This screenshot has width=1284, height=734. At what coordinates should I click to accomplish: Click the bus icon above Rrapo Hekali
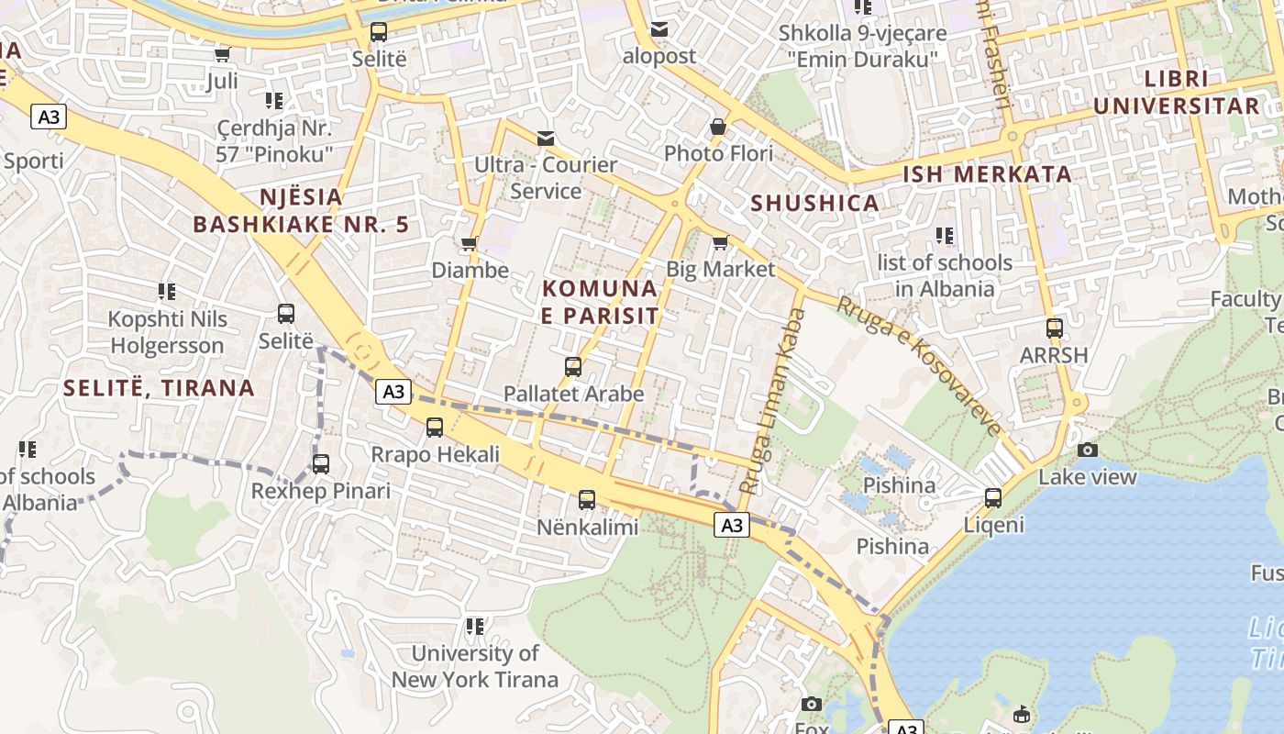[x=435, y=428]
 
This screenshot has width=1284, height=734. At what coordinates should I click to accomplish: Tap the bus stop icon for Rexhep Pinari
[x=320, y=464]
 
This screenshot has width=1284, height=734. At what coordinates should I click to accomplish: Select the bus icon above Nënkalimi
[x=587, y=500]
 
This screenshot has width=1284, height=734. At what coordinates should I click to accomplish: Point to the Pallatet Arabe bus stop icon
[x=573, y=367]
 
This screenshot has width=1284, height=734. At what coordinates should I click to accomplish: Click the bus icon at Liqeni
[x=993, y=498]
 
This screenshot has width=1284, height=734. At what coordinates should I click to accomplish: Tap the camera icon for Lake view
[x=1088, y=450]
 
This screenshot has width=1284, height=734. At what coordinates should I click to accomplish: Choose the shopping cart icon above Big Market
[x=720, y=242]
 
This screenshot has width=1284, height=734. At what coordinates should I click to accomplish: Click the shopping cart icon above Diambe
[x=470, y=243]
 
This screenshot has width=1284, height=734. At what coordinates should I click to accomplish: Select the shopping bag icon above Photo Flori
[x=718, y=127]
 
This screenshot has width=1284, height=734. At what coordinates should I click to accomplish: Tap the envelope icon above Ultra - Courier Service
[x=546, y=139]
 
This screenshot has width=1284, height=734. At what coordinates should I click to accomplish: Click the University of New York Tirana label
[x=474, y=666]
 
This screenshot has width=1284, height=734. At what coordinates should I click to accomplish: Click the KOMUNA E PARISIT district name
[x=600, y=302]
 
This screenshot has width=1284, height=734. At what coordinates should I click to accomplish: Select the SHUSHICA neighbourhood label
[x=814, y=203]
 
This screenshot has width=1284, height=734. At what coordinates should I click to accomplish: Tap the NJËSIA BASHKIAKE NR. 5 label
[x=301, y=210]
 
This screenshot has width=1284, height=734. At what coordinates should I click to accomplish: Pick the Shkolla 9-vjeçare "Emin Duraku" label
[x=862, y=46]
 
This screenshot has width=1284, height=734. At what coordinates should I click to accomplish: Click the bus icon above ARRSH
[x=1055, y=328]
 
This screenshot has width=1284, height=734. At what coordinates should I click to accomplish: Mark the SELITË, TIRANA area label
[x=159, y=387]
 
